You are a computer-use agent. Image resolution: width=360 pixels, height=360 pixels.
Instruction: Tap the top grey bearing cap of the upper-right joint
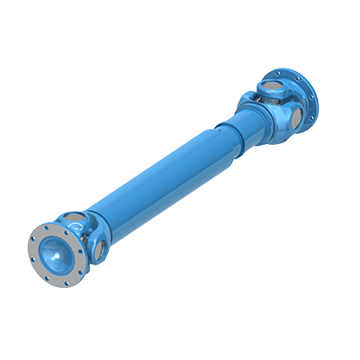[270, 87]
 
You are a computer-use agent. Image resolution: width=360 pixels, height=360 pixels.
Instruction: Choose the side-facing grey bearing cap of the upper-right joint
[294, 114]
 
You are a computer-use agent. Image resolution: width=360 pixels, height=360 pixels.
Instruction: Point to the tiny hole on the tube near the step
[214, 132]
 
